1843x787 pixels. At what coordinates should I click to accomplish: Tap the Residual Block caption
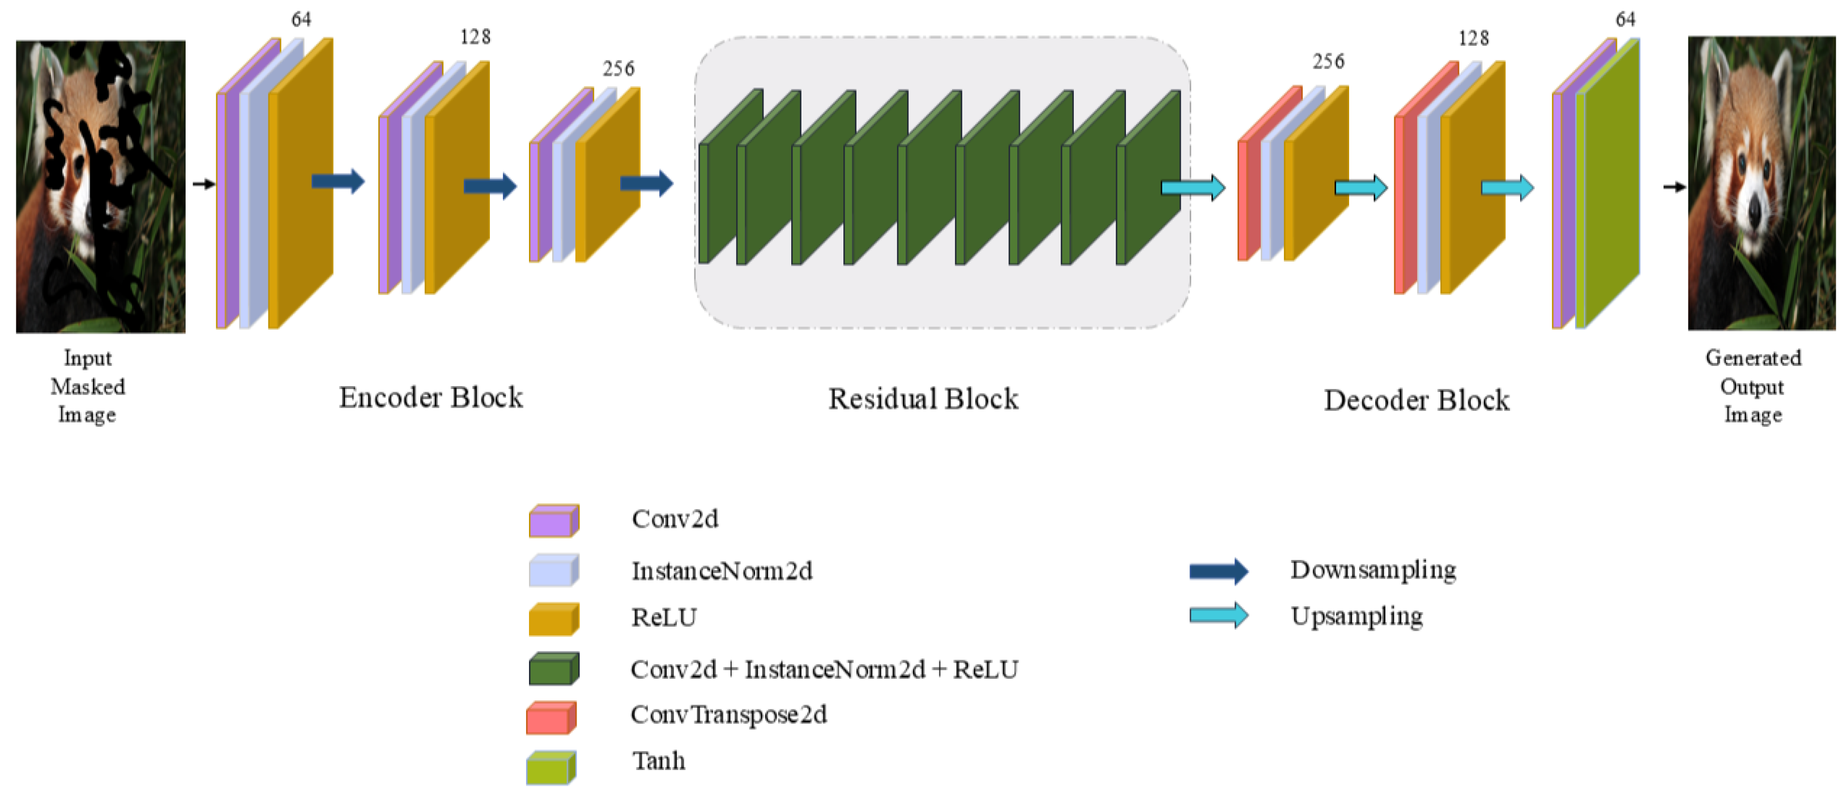pos(923,399)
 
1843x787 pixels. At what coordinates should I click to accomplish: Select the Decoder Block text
pos(1417,400)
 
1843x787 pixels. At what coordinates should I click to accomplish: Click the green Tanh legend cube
pos(551,767)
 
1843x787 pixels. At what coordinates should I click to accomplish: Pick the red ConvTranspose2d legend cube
pos(551,717)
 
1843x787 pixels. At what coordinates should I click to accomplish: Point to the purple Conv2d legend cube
pos(554,520)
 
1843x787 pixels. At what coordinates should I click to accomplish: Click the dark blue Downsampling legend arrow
pos(1219,571)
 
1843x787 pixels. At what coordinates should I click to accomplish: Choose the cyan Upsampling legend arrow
pos(1219,615)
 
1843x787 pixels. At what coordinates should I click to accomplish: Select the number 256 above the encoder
pos(618,69)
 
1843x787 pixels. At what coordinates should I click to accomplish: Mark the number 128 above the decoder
pos(1474,38)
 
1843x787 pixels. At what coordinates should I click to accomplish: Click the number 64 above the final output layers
pos(1626,19)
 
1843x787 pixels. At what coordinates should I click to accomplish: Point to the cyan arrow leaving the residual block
pos(1193,188)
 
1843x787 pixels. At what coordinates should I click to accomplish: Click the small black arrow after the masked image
pos(204,184)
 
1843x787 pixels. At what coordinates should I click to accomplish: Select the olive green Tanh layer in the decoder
pos(1607,183)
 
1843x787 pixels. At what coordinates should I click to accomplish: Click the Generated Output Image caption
pos(1753,386)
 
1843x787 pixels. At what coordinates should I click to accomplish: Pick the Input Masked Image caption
pos(87,386)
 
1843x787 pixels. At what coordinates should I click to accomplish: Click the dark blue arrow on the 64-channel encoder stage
pos(338,181)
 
